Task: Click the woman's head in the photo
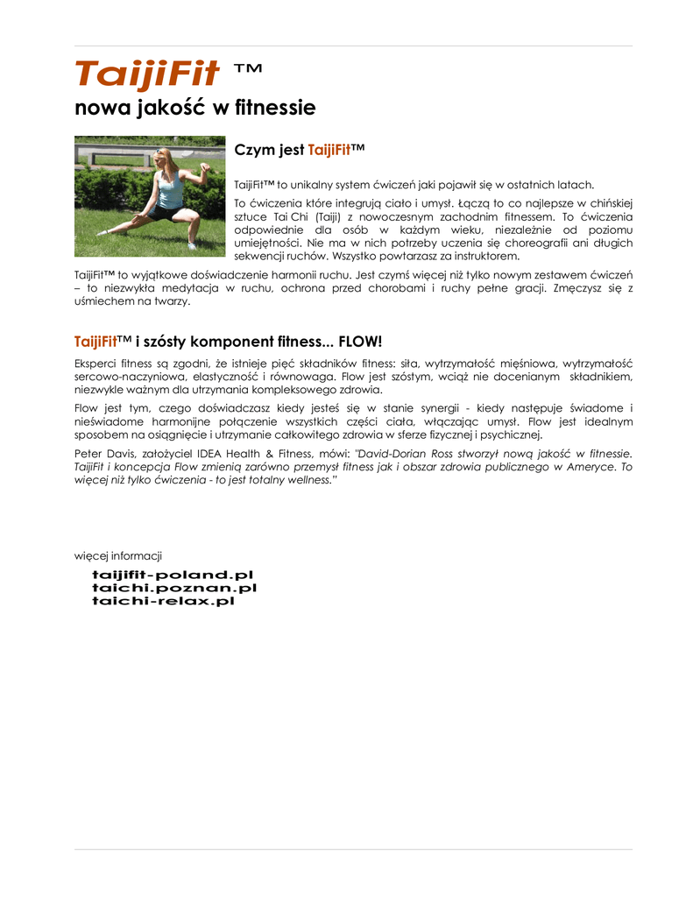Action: (x=162, y=158)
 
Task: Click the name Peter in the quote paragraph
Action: (x=90, y=454)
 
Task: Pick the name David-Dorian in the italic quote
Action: (x=391, y=454)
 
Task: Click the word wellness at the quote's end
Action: (x=308, y=481)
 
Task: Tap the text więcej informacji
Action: (x=118, y=555)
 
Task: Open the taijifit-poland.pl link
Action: (x=173, y=575)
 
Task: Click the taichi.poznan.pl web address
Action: (x=174, y=588)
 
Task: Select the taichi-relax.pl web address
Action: (x=163, y=601)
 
